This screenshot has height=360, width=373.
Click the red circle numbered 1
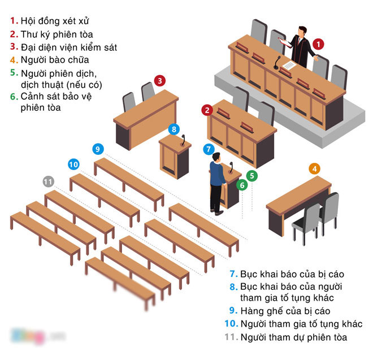(x=319, y=43)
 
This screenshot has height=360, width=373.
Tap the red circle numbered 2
(x=208, y=110)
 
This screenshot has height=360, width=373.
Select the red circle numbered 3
(x=161, y=81)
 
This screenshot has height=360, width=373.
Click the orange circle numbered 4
(x=315, y=168)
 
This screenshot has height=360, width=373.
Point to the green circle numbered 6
(x=241, y=185)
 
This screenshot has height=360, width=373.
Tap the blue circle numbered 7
(x=209, y=150)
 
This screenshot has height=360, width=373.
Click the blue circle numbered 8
(x=174, y=129)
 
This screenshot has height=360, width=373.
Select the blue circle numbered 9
(x=98, y=149)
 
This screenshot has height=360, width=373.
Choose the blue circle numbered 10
(x=73, y=164)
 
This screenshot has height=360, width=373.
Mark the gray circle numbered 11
(x=49, y=181)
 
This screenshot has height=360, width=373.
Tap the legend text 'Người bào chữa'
(x=54, y=59)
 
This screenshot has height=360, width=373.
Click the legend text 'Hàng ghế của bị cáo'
(x=285, y=310)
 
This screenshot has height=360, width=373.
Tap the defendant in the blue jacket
(x=217, y=181)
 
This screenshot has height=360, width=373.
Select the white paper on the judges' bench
(x=288, y=67)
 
